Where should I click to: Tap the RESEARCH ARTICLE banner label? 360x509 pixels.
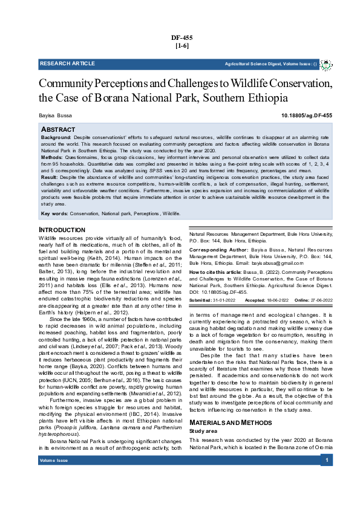tap(67, 63)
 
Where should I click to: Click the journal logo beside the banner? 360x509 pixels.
tap(326, 63)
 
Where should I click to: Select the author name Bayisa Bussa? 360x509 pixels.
tap(57, 114)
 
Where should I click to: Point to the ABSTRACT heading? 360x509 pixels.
tap(58, 130)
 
